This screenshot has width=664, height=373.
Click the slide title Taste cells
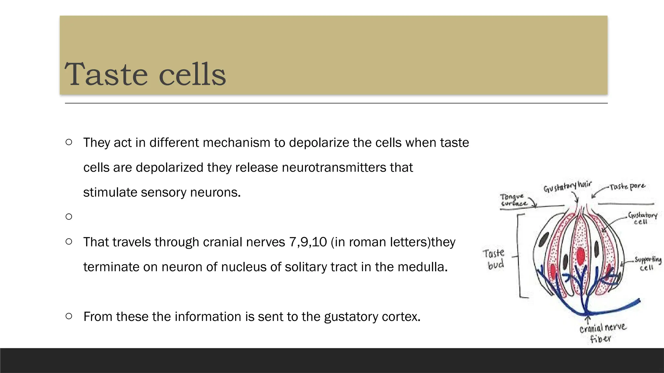point(145,74)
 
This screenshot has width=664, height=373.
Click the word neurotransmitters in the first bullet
point(334,168)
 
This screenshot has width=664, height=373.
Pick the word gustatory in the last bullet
point(351,317)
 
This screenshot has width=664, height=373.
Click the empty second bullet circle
point(69,217)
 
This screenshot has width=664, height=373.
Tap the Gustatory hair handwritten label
point(567,186)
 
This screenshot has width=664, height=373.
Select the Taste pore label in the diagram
point(627,187)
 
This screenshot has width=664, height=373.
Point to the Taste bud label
point(494,259)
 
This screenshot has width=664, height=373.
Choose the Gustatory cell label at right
point(642,218)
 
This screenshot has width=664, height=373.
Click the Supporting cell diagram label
point(647,263)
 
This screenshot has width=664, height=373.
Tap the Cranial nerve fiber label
point(602,333)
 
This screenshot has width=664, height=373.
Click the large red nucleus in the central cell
point(581,256)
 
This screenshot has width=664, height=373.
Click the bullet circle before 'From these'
point(69,316)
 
